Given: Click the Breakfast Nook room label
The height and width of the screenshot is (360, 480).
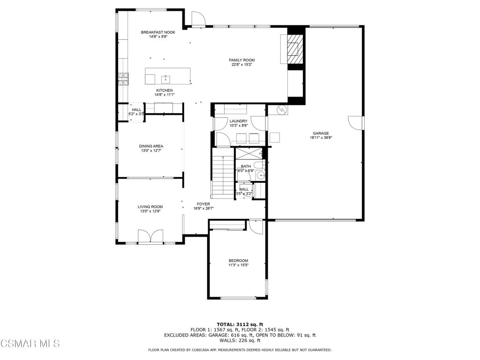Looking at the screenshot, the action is pyautogui.click(x=158, y=32).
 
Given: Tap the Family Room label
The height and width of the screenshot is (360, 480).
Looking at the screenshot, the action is pyautogui.click(x=241, y=60).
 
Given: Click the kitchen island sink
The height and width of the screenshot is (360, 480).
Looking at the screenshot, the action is pyautogui.click(x=166, y=79).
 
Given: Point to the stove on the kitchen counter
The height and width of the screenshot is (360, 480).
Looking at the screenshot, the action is pyautogui.click(x=124, y=79).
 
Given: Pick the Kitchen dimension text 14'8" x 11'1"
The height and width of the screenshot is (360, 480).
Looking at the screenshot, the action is pyautogui.click(x=165, y=95).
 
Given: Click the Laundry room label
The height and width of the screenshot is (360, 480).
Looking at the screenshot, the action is pyautogui.click(x=239, y=121).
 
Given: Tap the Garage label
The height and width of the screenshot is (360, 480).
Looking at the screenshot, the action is pyautogui.click(x=321, y=133).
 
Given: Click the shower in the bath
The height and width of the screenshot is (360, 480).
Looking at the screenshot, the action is pyautogui.click(x=248, y=153).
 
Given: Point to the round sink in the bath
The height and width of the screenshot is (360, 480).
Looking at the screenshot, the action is pyautogui.click(x=261, y=175).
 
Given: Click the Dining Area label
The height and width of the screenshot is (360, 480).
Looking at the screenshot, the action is pyautogui.click(x=151, y=146).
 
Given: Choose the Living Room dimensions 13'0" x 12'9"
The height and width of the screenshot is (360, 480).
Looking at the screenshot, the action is pyautogui.click(x=150, y=211).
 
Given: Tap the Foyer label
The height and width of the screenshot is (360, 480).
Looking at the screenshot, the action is pyautogui.click(x=203, y=204).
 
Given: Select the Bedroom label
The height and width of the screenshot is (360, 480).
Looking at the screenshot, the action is pyautogui.click(x=239, y=261).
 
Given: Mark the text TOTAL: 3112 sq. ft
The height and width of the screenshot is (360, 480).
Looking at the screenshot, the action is pyautogui.click(x=240, y=324).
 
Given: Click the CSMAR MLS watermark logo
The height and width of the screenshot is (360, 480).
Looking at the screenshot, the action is pyautogui.click(x=30, y=343).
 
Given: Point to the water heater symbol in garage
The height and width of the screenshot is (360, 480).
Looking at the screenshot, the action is pyautogui.click(x=282, y=109).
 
